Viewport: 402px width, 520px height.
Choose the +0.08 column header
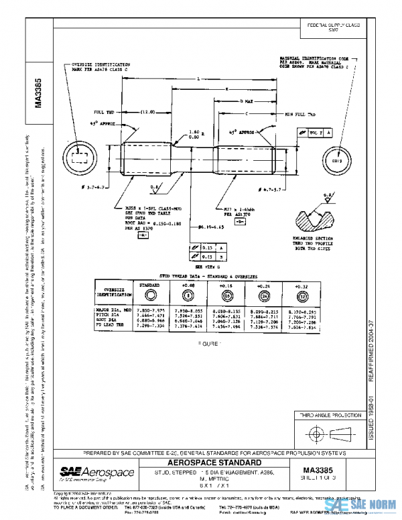pyautogui.click(x=188, y=284)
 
